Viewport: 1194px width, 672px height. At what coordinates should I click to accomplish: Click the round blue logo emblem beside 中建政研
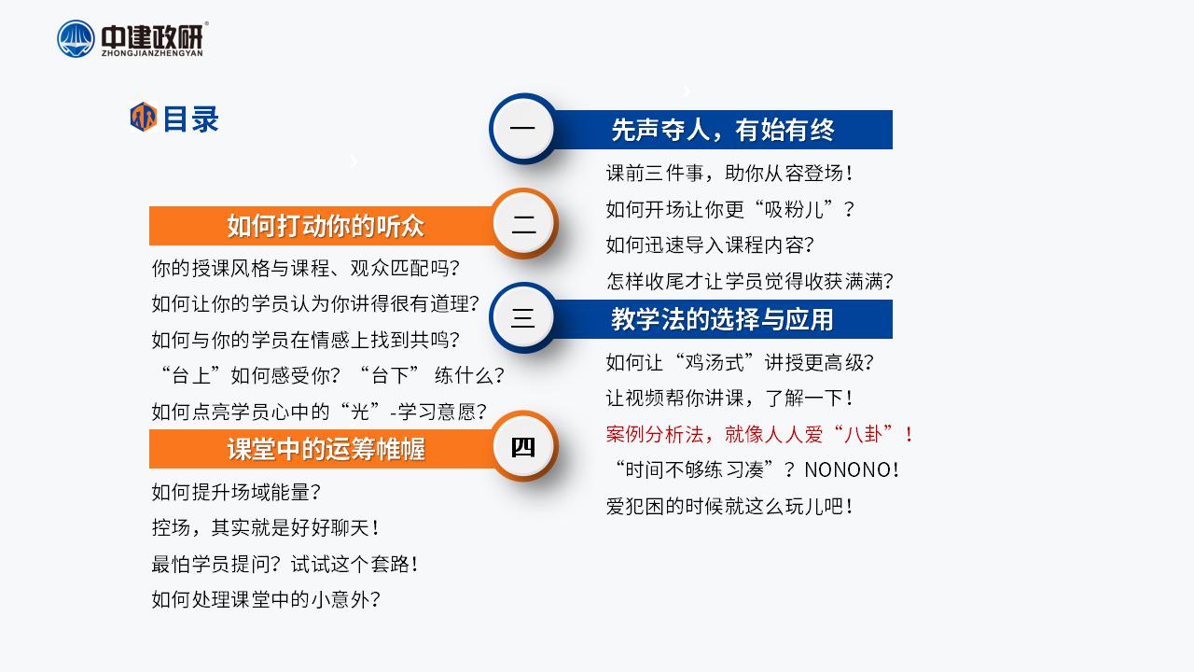76,38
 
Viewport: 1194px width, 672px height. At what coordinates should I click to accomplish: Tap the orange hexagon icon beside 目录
144,117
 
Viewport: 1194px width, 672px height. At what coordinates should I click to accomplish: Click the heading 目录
191,119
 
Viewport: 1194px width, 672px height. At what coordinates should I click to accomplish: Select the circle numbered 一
523,129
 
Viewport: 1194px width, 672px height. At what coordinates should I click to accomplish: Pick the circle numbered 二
524,224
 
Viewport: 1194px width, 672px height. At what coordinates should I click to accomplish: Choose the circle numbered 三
523,318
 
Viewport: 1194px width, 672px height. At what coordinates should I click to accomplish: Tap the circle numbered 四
524,446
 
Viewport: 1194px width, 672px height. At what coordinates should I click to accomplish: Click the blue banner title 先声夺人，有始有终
722,130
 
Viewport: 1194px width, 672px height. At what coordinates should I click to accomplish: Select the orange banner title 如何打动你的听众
326,226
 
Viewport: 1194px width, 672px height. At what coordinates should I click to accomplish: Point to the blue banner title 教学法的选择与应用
722,319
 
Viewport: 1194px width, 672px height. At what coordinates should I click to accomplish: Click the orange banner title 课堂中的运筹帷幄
326,449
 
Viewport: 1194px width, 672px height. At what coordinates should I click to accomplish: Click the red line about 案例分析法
759,434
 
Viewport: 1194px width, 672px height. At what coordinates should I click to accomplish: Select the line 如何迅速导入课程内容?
710,245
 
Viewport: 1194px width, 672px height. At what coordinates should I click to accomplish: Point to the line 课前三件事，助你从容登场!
729,174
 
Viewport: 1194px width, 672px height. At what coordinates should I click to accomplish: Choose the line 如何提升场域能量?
236,492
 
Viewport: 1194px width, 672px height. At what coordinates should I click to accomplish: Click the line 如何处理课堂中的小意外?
266,599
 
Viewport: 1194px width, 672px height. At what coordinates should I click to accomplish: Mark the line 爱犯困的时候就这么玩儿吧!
729,506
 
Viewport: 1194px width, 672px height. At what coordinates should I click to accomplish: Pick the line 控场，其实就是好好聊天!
266,528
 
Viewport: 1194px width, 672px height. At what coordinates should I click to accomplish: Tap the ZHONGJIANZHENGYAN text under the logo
152,53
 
